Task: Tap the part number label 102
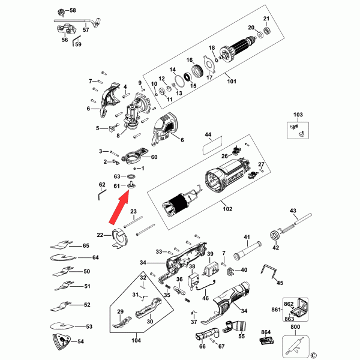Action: (x=227, y=209)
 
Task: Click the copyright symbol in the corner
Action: (x=313, y=355)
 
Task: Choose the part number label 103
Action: (x=298, y=114)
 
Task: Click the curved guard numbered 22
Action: (x=121, y=239)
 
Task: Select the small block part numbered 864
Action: (x=266, y=342)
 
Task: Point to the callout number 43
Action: (x=293, y=211)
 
